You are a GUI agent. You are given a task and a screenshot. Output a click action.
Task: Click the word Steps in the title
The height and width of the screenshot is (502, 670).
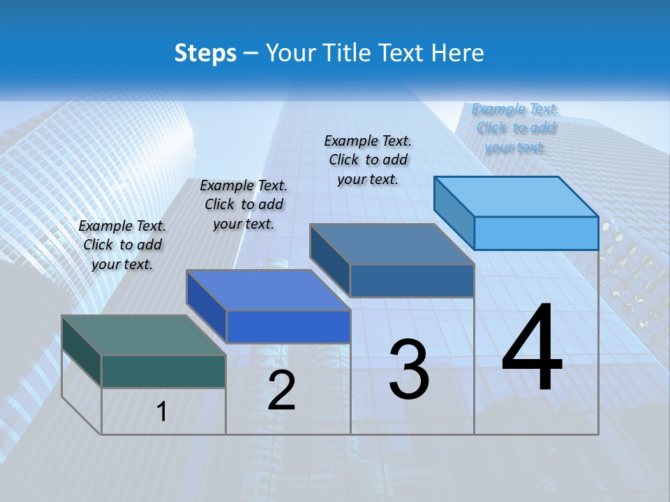pos(205,53)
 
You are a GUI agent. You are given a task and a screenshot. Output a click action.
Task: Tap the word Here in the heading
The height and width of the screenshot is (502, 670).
pos(459,53)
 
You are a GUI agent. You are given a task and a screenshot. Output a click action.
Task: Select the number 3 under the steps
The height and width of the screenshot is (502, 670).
pos(409,370)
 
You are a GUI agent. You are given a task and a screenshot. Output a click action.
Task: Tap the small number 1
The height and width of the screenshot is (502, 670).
pos(162,411)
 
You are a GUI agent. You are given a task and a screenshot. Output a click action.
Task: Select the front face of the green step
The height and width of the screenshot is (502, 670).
pos(163,371)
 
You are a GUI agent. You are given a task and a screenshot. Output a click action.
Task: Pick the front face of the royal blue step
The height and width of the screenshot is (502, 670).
pos(288,326)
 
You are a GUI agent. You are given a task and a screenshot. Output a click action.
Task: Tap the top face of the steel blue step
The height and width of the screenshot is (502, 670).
pos(392,243)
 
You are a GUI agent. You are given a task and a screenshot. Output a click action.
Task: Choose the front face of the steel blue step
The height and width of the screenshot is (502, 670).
pos(412,280)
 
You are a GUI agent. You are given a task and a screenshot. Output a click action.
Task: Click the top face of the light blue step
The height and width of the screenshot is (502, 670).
pos(516,196)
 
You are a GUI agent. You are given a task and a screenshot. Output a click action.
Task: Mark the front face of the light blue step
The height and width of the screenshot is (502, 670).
pos(536,233)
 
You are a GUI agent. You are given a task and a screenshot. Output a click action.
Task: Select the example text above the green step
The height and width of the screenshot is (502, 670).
pos(122,245)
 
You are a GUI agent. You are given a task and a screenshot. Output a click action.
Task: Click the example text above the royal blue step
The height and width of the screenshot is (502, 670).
pos(244,204)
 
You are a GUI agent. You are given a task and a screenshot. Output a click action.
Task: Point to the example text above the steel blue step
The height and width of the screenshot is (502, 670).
pos(368,160)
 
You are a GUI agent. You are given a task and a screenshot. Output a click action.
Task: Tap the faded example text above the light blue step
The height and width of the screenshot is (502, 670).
pos(515,128)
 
